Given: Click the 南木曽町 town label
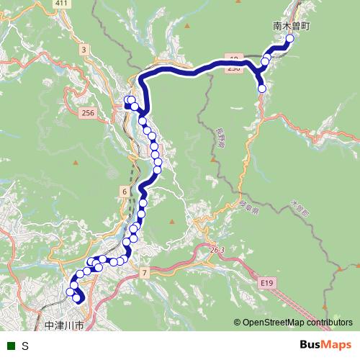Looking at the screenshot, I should pos(292,24).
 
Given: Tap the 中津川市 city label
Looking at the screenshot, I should pos(64,325).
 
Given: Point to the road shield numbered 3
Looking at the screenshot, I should pos(84,50).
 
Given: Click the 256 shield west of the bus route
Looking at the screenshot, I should pos(89,113).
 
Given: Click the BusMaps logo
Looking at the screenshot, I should pos(326,345).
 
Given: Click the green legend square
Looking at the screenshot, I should pos(11,346).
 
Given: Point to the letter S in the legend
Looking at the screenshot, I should pos(25,346).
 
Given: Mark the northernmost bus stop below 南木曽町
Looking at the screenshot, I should pos(290,40).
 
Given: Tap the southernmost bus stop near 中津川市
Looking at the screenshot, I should pos(77,297).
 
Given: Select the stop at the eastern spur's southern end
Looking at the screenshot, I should pos(262,89).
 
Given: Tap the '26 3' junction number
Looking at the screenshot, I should pos(218,249).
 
